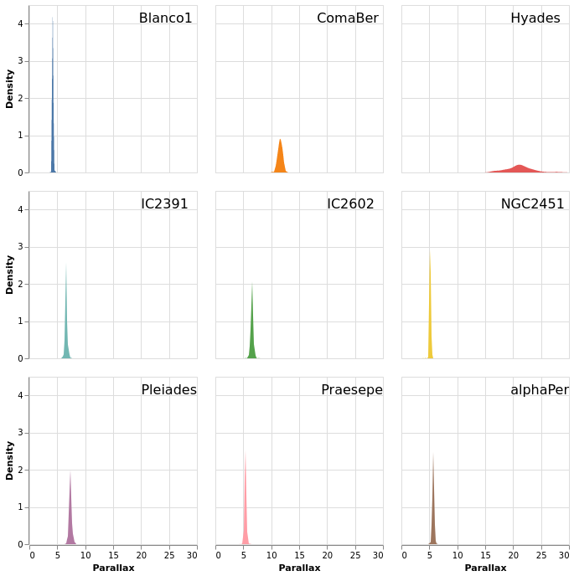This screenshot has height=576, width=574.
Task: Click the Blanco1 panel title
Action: point(165,18)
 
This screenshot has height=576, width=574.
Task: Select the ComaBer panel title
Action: point(347,18)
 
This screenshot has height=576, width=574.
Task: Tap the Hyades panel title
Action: point(535,18)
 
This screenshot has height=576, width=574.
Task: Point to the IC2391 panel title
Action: point(164,204)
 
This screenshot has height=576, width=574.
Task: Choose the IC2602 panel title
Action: point(350,204)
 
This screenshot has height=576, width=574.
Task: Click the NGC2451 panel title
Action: point(532,204)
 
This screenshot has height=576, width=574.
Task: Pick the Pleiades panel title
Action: point(168,390)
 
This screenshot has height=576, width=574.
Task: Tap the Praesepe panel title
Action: point(352,390)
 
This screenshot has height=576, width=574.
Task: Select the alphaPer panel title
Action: point(539,390)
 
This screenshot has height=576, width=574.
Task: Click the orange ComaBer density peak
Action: point(280,159)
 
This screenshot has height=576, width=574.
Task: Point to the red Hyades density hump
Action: point(520,169)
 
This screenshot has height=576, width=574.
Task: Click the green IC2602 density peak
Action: point(251,335)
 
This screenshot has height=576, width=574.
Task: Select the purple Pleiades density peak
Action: point(70,519)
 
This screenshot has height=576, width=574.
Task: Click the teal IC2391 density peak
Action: point(65,327)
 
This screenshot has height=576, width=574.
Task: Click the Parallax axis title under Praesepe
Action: point(299,568)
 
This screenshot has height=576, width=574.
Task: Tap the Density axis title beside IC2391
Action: point(10,275)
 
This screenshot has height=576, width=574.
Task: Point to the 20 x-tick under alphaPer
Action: point(513,555)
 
